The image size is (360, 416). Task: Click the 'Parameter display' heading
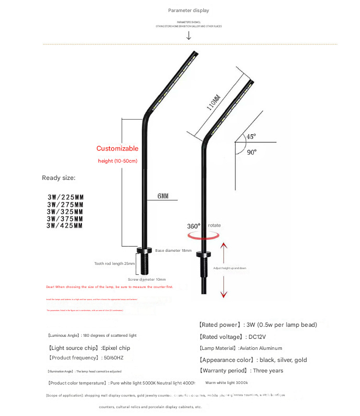[189, 10]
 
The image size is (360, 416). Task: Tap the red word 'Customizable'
[117, 148]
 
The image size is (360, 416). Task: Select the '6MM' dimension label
[163, 196]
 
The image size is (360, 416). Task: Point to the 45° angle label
[251, 136]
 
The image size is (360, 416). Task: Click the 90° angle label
[252, 152]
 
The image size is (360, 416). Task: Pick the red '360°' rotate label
[193, 226]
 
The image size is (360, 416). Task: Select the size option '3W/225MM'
[65, 197]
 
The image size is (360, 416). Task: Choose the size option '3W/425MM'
[65, 226]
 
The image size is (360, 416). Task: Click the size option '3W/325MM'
[65, 211]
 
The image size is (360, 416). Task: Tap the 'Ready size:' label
[59, 178]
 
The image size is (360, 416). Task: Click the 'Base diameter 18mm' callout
[173, 251]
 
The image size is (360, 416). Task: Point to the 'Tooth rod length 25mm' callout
[115, 263]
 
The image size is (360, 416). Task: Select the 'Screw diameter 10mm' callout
[147, 280]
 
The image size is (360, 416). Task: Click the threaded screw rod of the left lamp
[144, 264]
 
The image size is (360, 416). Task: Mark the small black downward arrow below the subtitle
[189, 36]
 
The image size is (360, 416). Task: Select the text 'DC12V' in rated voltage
[258, 337]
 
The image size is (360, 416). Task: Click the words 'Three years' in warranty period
[268, 371]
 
